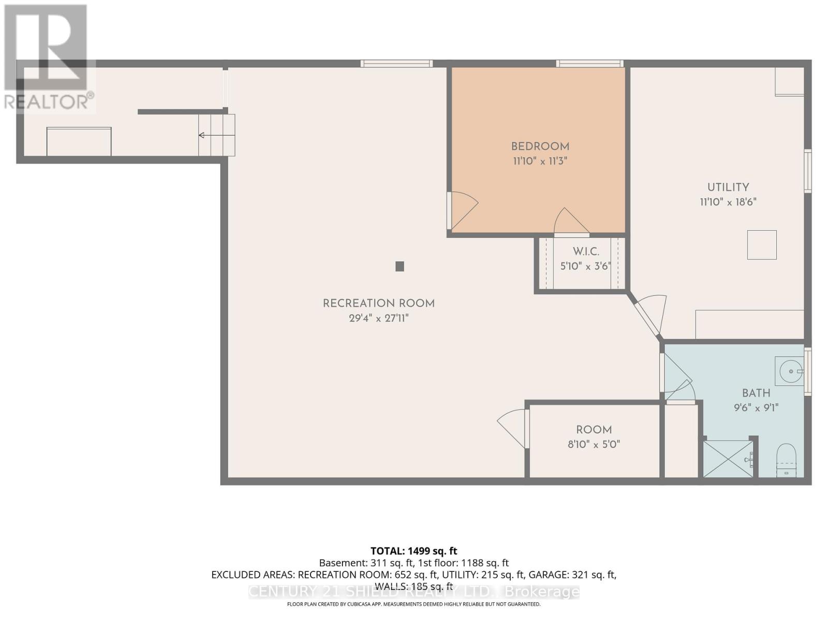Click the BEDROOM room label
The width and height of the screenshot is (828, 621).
540,146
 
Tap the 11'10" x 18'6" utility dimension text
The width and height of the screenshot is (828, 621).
728,202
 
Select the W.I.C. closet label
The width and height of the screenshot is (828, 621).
586,252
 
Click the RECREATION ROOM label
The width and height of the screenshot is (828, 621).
378,304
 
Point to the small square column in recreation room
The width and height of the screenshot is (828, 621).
400,267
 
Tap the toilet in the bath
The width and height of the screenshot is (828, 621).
786,459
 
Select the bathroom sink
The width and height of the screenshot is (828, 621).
790,371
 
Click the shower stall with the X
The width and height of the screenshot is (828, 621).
728,459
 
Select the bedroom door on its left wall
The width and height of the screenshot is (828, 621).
463,210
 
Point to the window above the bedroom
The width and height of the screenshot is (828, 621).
589,64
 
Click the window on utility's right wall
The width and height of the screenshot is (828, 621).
807,171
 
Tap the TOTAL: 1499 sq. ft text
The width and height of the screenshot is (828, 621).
413,551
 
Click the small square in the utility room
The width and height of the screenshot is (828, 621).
761,245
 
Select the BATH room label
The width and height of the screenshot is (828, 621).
756,393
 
